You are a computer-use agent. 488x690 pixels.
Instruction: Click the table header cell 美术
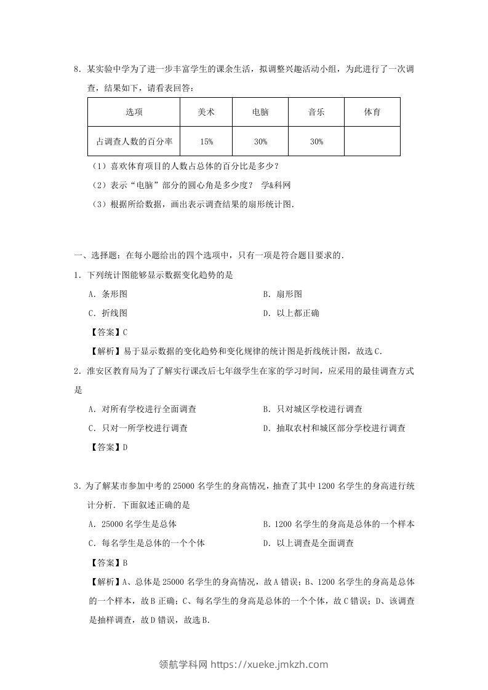pos(206,112)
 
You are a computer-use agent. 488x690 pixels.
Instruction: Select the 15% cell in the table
pos(206,141)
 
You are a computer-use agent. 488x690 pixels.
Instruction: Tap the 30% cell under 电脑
pos(260,141)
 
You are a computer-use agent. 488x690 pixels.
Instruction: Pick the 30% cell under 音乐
pos(316,141)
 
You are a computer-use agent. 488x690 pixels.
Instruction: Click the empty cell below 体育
pos(372,141)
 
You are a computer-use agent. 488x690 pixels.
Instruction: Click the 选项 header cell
pos(134,112)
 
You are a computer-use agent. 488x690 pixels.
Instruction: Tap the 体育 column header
pos(372,112)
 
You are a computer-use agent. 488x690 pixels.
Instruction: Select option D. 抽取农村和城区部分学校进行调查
pos(334,428)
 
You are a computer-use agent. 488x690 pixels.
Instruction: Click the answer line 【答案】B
pos(108,562)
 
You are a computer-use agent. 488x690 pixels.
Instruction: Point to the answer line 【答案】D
pos(108,447)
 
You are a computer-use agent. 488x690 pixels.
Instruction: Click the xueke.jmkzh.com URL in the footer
pos(270,664)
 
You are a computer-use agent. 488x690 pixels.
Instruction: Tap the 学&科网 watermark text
pos(276,185)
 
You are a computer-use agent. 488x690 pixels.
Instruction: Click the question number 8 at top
pos(76,69)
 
